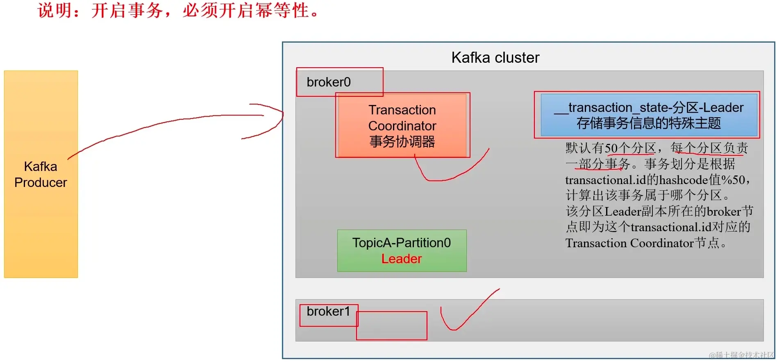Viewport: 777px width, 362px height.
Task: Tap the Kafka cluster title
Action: [x=495, y=58]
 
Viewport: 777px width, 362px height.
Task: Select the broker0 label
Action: [x=328, y=82]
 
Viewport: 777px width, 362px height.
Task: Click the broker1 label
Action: [x=328, y=312]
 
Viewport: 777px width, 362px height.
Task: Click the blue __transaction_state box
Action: [x=649, y=115]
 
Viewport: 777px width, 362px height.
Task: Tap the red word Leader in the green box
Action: [x=402, y=259]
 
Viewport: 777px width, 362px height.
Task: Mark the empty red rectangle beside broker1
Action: [x=392, y=326]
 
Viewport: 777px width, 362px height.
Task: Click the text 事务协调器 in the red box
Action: [x=402, y=142]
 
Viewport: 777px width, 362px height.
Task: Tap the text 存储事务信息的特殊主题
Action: [x=649, y=123]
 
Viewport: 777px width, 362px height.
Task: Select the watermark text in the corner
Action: [x=742, y=355]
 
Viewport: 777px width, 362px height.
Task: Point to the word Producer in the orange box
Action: [x=41, y=182]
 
